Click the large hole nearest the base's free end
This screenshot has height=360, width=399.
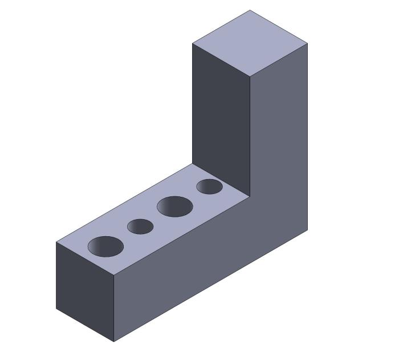(x=105, y=246)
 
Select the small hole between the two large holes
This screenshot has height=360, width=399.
(x=140, y=226)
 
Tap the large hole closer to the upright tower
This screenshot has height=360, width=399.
(x=175, y=206)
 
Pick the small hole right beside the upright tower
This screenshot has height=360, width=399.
(x=209, y=187)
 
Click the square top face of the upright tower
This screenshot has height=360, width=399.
(x=250, y=43)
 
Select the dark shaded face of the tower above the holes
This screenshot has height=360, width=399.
(x=221, y=114)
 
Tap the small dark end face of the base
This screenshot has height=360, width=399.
(x=85, y=292)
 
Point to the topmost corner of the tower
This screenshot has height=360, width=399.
(x=250, y=10)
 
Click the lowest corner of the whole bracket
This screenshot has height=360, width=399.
(x=114, y=342)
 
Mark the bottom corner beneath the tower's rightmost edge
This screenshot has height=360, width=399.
(x=308, y=230)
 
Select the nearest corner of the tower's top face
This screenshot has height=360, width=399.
(x=250, y=76)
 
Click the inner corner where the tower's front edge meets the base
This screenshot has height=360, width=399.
(x=250, y=197)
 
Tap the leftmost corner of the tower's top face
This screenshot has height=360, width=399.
(x=192, y=43)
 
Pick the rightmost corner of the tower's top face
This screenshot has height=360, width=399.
(x=308, y=43)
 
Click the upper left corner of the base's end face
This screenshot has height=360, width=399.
(x=56, y=242)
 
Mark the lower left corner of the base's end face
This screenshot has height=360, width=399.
(x=56, y=309)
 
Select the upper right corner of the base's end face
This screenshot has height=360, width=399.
(x=114, y=275)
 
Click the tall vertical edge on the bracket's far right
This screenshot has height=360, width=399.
(x=308, y=137)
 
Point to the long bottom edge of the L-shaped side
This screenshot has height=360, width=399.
(x=211, y=286)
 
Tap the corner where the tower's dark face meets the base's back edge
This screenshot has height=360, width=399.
(x=192, y=164)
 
